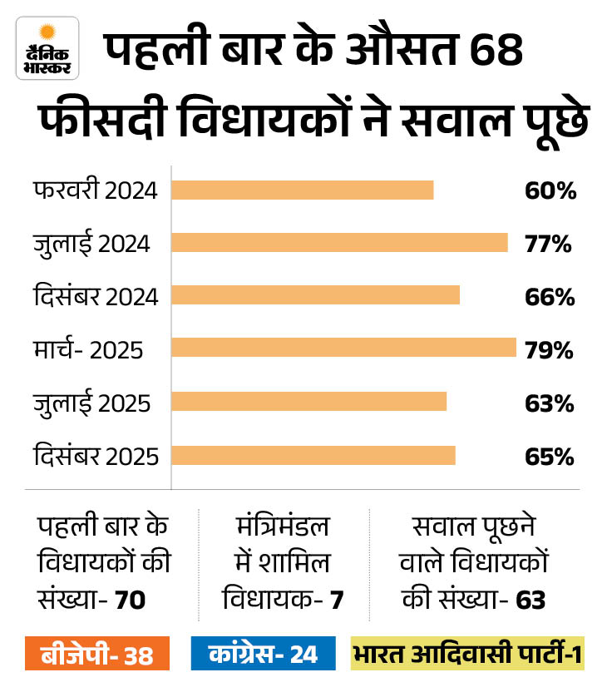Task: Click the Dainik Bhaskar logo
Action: pyautogui.click(x=47, y=47)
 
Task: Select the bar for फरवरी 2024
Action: pyautogui.click(x=303, y=190)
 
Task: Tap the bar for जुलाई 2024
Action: pyautogui.click(x=339, y=243)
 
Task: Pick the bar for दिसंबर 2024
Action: pyautogui.click(x=315, y=295)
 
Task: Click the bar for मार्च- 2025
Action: pyautogui.click(x=343, y=348)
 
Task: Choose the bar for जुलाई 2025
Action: pyautogui.click(x=309, y=402)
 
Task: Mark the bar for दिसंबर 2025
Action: pyautogui.click(x=313, y=455)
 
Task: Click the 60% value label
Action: pyautogui.click(x=550, y=190)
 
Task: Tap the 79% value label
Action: pyautogui.click(x=549, y=350)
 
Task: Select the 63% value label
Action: pyautogui.click(x=549, y=403)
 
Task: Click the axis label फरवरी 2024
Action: pyautogui.click(x=96, y=190)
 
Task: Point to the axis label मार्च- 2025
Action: pyautogui.click(x=89, y=350)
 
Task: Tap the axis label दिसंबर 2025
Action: pyautogui.click(x=96, y=457)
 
